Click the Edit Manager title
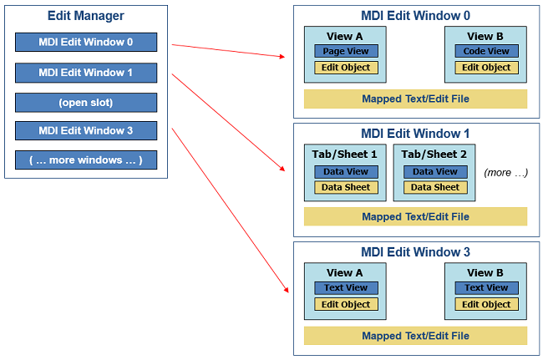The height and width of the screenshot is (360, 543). pos(85,16)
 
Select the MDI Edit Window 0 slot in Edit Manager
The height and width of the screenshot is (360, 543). pos(86,42)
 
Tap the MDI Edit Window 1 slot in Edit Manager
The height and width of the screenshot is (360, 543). pos(86,73)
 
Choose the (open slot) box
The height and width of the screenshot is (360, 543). pos(86,103)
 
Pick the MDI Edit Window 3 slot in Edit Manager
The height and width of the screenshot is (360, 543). pos(86,130)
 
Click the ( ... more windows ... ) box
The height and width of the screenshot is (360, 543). pos(86,160)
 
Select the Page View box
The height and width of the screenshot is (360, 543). pos(346,51)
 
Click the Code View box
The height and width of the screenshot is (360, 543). pos(486,51)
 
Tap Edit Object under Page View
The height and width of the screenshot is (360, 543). pos(346,67)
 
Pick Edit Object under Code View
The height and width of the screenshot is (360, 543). pos(486,67)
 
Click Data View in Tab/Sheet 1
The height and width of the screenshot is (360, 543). pos(346,171)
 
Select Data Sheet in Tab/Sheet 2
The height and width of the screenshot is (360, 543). pos(435,187)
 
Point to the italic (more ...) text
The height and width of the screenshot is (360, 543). pos(505,172)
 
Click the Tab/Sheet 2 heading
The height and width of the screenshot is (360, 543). pos(434,154)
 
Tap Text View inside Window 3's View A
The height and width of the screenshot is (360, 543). pos(346,287)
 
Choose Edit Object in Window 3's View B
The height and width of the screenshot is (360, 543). pos(486,304)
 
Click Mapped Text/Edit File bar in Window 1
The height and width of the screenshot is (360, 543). pos(415,216)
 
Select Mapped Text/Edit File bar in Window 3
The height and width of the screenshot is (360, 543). pos(415,336)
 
